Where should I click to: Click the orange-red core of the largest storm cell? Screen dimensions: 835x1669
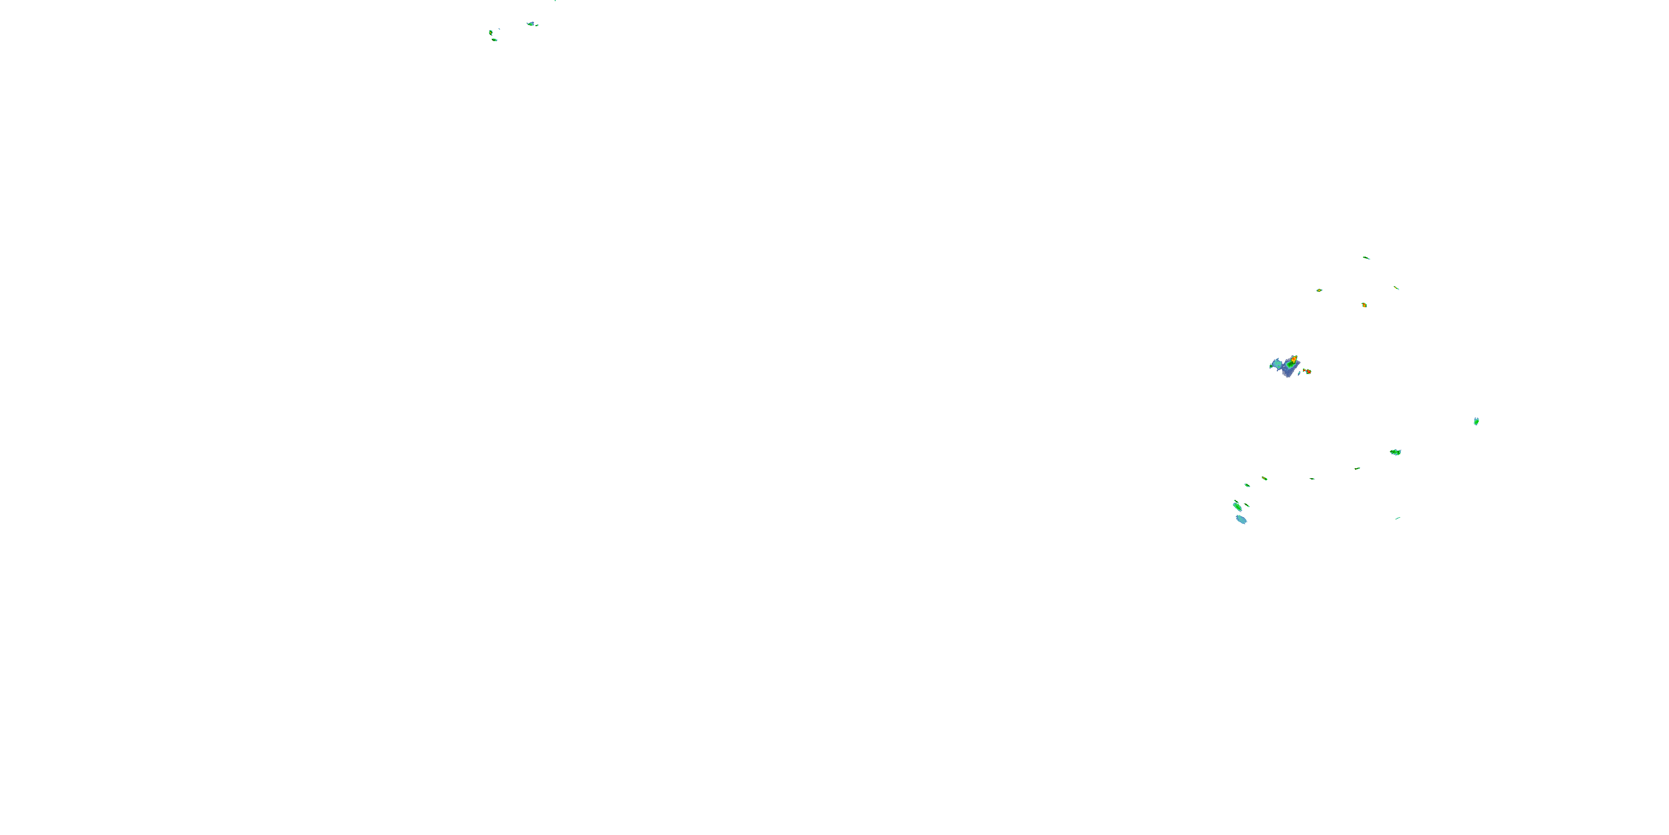click(1294, 358)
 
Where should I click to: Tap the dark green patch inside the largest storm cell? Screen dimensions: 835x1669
click(1290, 366)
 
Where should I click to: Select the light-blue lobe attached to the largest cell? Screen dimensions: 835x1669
click(1277, 364)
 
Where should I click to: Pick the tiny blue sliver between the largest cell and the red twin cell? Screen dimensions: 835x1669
click(1300, 374)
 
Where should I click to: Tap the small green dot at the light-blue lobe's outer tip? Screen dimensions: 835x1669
click(1271, 367)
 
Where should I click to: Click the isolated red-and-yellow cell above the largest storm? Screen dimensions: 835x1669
click(1364, 304)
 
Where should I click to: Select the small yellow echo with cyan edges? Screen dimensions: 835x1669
click(1319, 290)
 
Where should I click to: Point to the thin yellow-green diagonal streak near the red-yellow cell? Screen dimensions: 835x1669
click(1396, 288)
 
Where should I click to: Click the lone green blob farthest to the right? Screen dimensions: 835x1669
click(1476, 421)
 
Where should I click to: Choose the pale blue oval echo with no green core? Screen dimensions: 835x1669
click(1241, 519)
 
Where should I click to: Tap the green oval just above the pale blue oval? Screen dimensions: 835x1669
click(1237, 505)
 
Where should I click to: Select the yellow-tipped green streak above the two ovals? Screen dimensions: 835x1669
click(1264, 478)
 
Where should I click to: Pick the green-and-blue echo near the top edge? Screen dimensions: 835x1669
click(531, 24)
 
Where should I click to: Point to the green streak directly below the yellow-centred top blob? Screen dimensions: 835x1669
click(495, 40)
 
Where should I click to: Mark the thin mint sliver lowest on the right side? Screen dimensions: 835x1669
click(1398, 518)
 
